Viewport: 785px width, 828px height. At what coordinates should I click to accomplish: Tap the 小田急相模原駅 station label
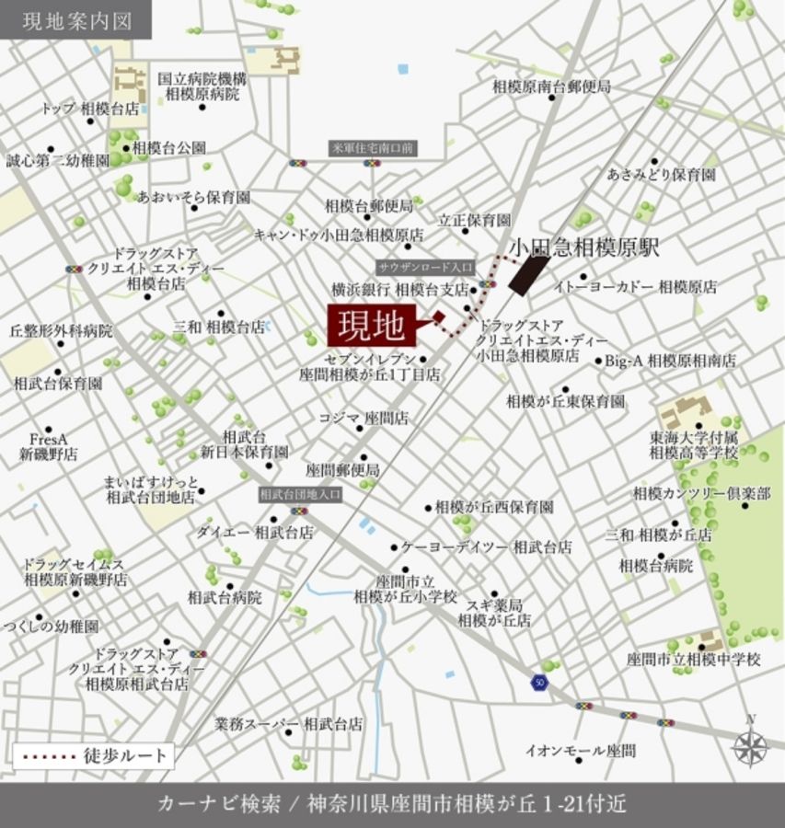584,247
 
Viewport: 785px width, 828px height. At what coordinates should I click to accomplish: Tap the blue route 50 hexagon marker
538,683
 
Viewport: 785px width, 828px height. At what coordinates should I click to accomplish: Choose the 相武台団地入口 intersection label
300,494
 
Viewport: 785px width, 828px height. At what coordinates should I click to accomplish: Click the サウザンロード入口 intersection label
425,267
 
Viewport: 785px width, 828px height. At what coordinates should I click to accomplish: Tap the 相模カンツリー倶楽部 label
701,494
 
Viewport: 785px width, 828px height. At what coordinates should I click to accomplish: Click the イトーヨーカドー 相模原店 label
635,287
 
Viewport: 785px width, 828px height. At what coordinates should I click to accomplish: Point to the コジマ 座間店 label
364,418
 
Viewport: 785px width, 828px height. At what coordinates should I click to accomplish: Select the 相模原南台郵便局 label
551,86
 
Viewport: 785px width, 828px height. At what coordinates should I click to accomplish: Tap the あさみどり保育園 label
661,173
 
